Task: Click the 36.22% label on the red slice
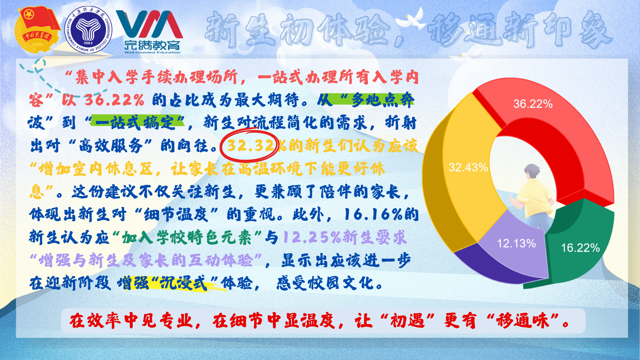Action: [x=533, y=104]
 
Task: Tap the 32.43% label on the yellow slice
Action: [x=468, y=167]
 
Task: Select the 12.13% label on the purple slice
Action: [x=516, y=243]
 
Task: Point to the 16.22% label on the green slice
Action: [x=580, y=248]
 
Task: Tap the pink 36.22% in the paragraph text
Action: [x=114, y=100]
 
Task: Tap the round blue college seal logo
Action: [x=88, y=30]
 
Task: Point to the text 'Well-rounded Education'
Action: [x=152, y=52]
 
